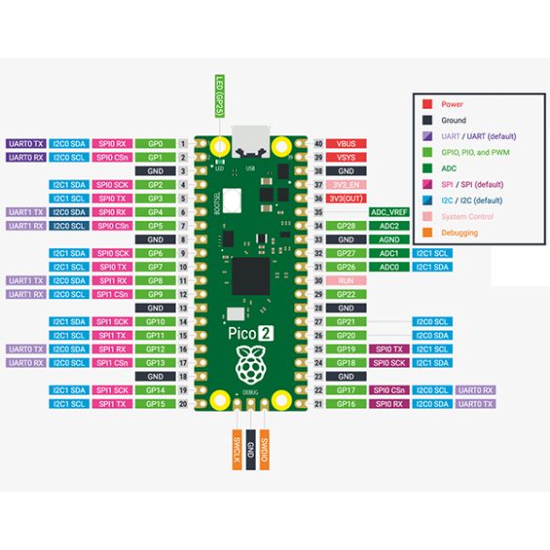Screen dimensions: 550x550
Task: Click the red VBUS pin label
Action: click(x=346, y=143)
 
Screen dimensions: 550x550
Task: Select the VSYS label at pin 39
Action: click(x=346, y=157)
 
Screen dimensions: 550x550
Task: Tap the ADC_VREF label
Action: click(x=390, y=212)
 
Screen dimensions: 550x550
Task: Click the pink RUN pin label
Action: click(x=346, y=280)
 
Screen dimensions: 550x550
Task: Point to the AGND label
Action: click(x=390, y=240)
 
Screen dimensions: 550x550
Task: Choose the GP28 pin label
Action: click(x=346, y=226)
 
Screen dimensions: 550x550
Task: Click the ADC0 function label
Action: click(x=390, y=267)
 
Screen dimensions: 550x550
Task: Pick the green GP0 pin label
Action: click(x=155, y=143)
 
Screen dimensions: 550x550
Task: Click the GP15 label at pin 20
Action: click(x=155, y=403)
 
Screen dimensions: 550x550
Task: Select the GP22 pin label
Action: click(x=346, y=294)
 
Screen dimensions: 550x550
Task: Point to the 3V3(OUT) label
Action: click(x=346, y=198)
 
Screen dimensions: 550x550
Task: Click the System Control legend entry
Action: click(x=460, y=216)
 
